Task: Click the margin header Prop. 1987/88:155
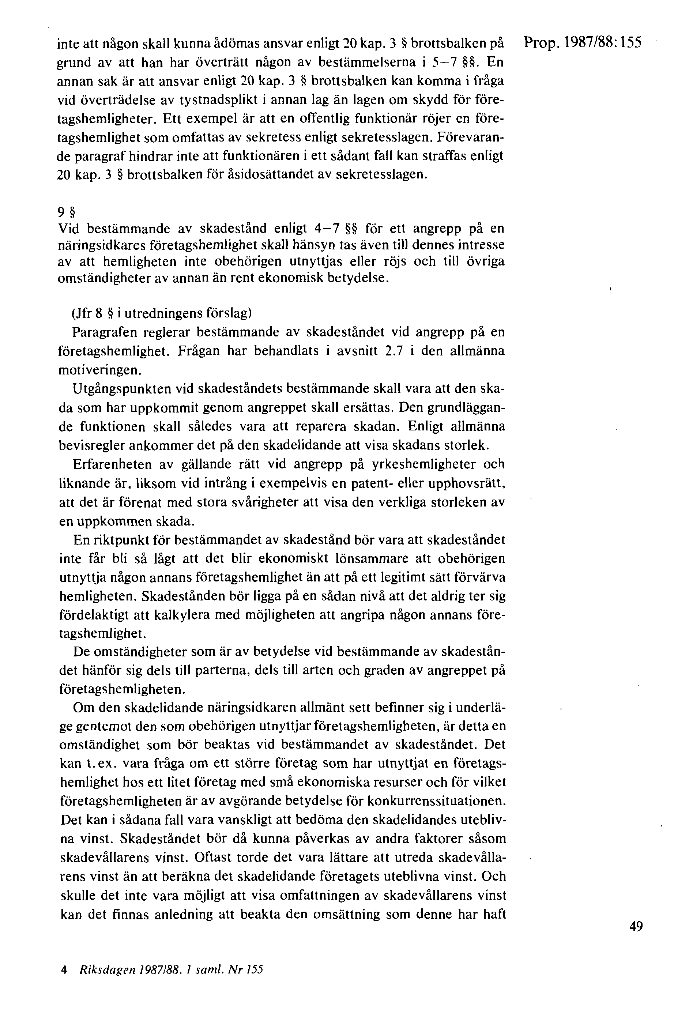583,43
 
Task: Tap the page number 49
636,927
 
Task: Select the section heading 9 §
66,213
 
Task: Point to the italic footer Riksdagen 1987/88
172,969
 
